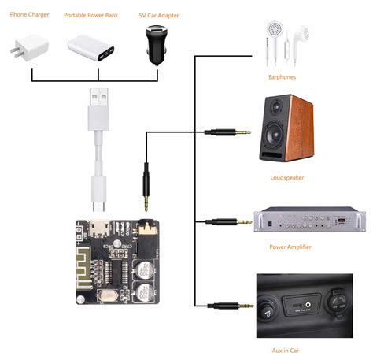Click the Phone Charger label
click(x=31, y=14)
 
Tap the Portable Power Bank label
click(x=91, y=14)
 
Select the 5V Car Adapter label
click(x=157, y=14)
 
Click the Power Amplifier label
click(x=290, y=247)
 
